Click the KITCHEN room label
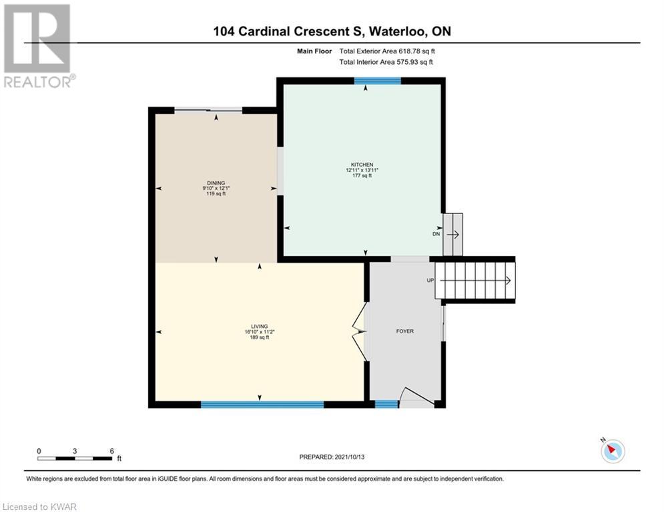(x=362, y=165)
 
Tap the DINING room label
(x=216, y=183)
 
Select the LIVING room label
(x=260, y=326)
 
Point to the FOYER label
(x=405, y=331)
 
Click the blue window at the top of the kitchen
(x=377, y=81)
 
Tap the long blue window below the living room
(x=262, y=405)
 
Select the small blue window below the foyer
(x=386, y=405)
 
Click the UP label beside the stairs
(x=430, y=281)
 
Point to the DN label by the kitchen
(x=436, y=234)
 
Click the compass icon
(x=613, y=451)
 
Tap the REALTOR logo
(x=39, y=46)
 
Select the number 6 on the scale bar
(x=112, y=451)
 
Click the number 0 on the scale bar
(x=39, y=451)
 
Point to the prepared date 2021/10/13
(x=350, y=457)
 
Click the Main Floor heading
(x=314, y=51)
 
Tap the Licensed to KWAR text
(x=40, y=507)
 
